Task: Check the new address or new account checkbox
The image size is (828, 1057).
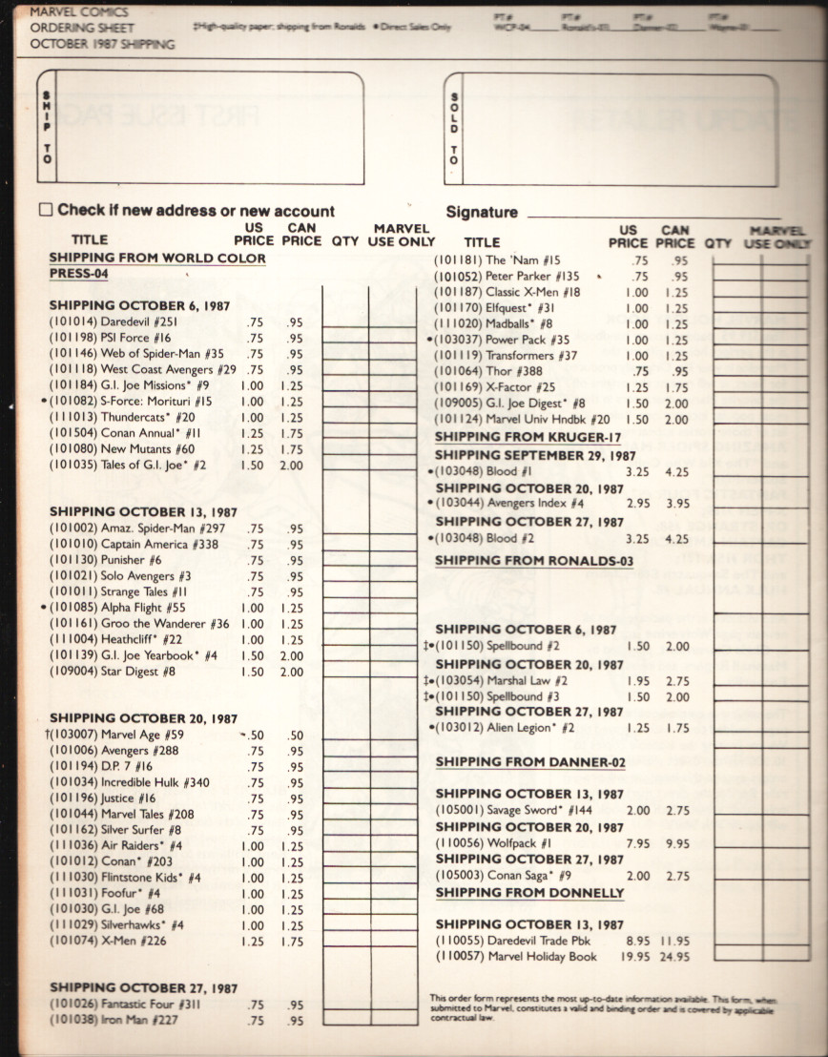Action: tap(46, 210)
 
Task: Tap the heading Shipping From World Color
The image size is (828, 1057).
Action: tap(157, 258)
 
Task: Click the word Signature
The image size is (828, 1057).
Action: tap(482, 212)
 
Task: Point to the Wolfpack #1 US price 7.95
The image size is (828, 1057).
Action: tap(637, 843)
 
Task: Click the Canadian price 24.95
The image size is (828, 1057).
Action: tap(675, 957)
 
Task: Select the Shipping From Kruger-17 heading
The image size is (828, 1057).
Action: tap(528, 437)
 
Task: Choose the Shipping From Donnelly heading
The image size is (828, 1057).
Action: tap(529, 893)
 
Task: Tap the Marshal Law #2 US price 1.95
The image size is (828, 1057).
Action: tap(637, 681)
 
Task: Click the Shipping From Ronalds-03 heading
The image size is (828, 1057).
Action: tap(534, 560)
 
